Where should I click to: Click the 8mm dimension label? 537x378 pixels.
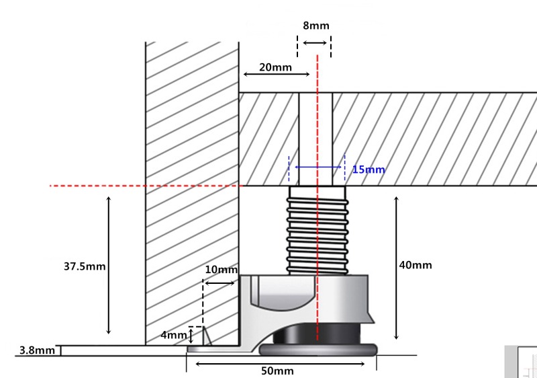tap(315, 26)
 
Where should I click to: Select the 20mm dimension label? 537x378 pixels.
tap(275, 67)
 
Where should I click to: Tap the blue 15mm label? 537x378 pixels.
tap(369, 169)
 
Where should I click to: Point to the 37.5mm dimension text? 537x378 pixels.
tap(85, 266)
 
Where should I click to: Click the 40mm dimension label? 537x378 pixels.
tap(416, 265)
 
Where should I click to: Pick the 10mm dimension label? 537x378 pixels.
tap(221, 270)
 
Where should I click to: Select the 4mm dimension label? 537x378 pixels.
tap(173, 335)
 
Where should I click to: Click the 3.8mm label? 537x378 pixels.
tap(37, 350)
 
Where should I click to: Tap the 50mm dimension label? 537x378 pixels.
tap(277, 371)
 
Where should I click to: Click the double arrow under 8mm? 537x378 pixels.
tap(314, 43)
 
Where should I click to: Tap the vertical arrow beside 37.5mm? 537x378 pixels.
tap(109, 265)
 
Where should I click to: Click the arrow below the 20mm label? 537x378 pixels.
tap(276, 73)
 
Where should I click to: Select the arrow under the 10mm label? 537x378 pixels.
tap(219, 283)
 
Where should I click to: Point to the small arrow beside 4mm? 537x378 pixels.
tap(191, 335)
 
